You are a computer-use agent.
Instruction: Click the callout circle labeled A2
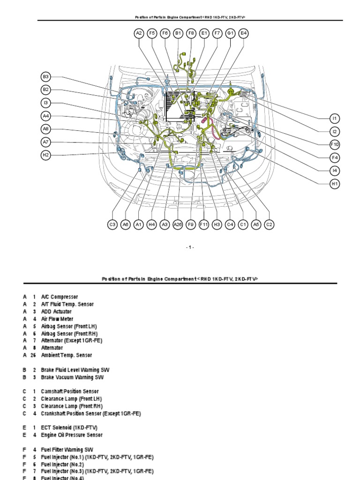(x=139, y=33)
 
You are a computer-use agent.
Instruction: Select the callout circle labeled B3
(x=45, y=76)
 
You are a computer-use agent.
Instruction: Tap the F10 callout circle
(x=335, y=144)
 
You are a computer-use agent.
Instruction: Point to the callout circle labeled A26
(x=178, y=225)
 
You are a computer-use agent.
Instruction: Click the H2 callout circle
(x=45, y=155)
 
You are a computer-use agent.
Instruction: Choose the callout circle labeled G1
(x=230, y=33)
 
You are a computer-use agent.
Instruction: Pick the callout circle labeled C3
(x=112, y=225)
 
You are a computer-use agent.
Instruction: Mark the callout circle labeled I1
(x=335, y=118)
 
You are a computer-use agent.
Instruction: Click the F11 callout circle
(x=204, y=225)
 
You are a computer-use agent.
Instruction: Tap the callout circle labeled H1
(x=335, y=184)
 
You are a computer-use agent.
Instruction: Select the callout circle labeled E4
(x=243, y=33)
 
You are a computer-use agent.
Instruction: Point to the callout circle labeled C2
(x=269, y=225)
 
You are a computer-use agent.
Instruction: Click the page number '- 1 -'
(x=189, y=247)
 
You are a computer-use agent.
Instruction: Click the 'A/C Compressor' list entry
(x=60, y=297)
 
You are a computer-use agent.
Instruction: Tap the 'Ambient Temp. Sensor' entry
(x=67, y=355)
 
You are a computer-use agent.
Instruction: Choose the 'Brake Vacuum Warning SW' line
(x=72, y=377)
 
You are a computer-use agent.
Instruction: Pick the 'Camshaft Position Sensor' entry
(x=69, y=391)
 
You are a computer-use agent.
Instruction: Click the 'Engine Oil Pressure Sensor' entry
(x=72, y=435)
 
